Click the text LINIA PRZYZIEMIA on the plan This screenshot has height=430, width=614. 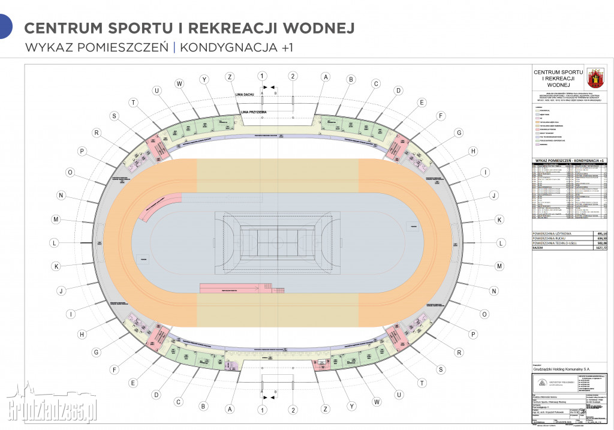click(x=253, y=112)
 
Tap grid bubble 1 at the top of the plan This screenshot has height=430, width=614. click(x=261, y=76)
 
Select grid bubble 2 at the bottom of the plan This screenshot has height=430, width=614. click(x=293, y=410)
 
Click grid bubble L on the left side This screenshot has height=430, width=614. click(x=54, y=243)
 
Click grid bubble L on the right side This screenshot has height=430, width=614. click(x=501, y=243)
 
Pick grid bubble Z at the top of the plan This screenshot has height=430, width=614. click(x=229, y=77)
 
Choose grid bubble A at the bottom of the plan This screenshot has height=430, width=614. click(x=229, y=410)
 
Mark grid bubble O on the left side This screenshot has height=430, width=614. click(x=70, y=173)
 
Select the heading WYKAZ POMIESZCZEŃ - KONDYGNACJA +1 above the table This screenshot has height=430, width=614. click(x=568, y=161)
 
